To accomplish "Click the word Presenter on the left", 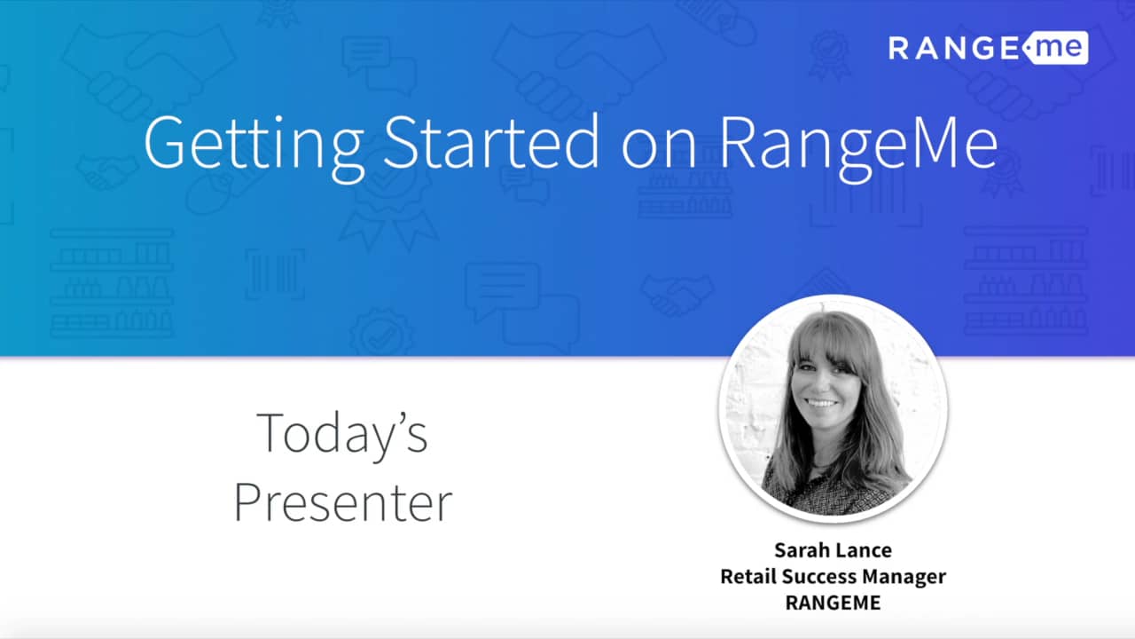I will click(342, 503).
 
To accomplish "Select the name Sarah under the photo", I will click(800, 550).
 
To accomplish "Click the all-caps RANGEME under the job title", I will click(833, 602).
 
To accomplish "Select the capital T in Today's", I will click(271, 433).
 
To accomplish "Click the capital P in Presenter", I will click(249, 503).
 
